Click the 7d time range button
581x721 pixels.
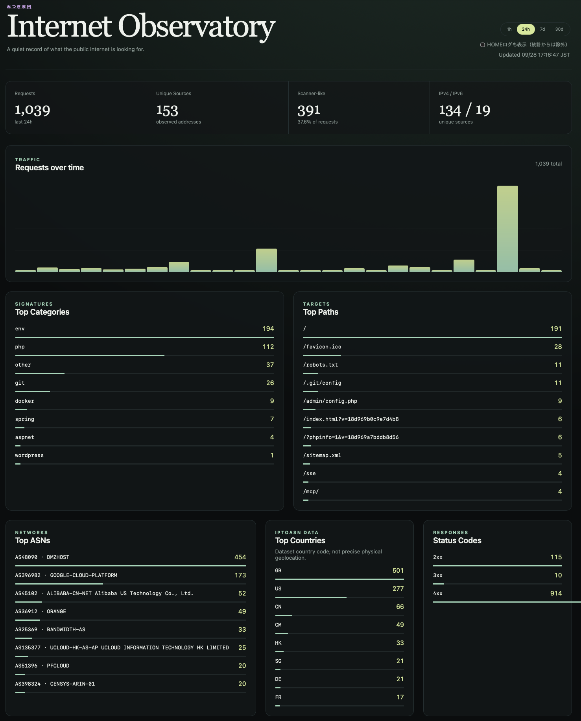click(542, 29)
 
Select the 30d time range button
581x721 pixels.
click(559, 29)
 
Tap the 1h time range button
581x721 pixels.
click(509, 29)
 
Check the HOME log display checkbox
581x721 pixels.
click(482, 45)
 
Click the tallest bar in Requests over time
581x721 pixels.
click(507, 229)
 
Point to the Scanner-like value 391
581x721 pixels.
click(309, 110)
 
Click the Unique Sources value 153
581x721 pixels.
click(167, 110)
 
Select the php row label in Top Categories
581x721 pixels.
click(20, 347)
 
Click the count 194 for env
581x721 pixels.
click(268, 328)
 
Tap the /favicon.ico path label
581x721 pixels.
click(322, 347)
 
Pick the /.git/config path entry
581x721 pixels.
click(322, 383)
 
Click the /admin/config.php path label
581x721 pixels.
click(330, 401)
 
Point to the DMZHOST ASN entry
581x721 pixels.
click(42, 557)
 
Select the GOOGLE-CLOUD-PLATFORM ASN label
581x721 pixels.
click(66, 575)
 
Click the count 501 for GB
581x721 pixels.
click(398, 570)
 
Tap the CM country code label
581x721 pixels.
click(278, 625)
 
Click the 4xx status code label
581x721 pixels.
click(438, 594)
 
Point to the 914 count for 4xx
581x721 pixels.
click(556, 593)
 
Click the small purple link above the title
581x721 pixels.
click(19, 7)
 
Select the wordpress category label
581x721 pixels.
click(30, 455)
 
